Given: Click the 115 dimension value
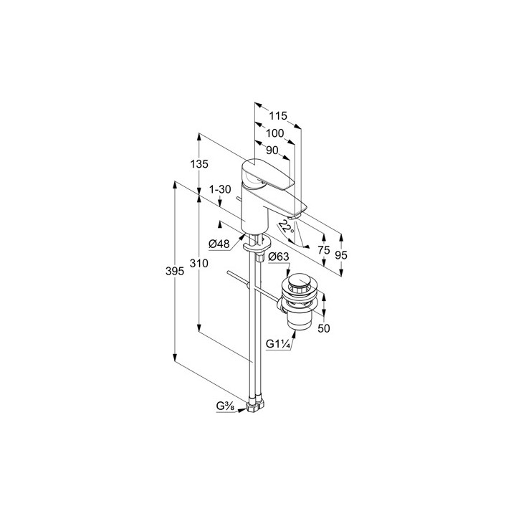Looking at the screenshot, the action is (x=278, y=116).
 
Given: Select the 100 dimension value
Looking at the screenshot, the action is (x=274, y=133).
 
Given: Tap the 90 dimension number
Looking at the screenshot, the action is (x=272, y=150).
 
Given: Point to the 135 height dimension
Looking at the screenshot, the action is (x=199, y=163).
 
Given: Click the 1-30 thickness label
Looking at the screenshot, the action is (x=220, y=189).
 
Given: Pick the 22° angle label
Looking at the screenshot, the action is (x=286, y=226).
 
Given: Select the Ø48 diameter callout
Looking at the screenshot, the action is (x=219, y=244).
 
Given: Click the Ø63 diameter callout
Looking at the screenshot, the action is (x=278, y=257).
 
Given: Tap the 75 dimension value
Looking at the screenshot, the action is (x=324, y=250).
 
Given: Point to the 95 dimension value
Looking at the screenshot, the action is (x=341, y=254).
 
